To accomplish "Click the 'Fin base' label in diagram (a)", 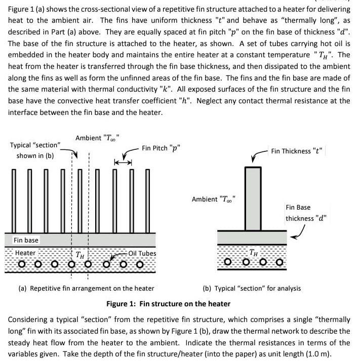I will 26,240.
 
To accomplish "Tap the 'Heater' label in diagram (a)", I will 25,253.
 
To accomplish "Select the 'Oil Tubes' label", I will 142,253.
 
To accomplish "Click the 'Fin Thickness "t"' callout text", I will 297,151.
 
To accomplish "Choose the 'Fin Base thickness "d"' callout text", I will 306,213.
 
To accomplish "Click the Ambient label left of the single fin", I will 214,199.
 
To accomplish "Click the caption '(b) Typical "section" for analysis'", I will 252,288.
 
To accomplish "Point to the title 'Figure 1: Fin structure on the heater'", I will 168,304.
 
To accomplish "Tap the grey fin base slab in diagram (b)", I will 252,237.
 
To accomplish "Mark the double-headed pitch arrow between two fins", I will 123,162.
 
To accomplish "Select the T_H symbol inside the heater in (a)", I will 80,254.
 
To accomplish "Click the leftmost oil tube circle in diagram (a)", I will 21,264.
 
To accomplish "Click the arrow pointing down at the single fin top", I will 253,160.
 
